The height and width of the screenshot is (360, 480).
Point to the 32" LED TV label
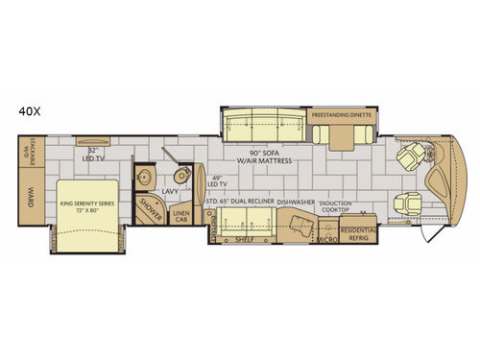pos(94,155)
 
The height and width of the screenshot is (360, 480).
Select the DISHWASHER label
pos(296,203)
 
